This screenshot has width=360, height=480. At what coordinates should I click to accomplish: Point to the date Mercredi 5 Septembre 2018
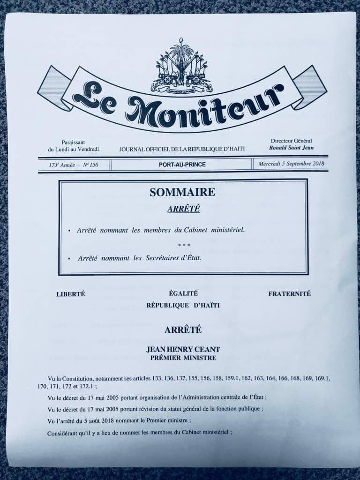(x=291, y=165)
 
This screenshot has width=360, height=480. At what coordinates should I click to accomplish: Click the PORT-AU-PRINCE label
(x=182, y=165)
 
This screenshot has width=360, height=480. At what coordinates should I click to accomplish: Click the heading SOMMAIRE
(x=182, y=192)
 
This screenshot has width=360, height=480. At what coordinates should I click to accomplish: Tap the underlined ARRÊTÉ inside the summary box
(x=183, y=209)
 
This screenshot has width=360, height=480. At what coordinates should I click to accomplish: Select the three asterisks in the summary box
(x=184, y=245)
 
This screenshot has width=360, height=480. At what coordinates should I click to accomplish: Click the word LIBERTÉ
(x=70, y=294)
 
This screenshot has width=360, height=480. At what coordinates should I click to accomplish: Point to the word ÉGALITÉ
(x=183, y=293)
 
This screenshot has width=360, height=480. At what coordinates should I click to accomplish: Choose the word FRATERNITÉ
(x=289, y=294)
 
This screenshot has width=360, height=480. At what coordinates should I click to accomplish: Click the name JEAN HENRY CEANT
(x=183, y=349)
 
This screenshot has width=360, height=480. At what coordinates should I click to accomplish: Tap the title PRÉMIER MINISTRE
(x=183, y=358)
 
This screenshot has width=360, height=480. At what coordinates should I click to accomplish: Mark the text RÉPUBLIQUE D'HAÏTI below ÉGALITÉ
(x=183, y=305)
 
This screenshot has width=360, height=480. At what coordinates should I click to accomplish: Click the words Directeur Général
(x=291, y=141)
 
